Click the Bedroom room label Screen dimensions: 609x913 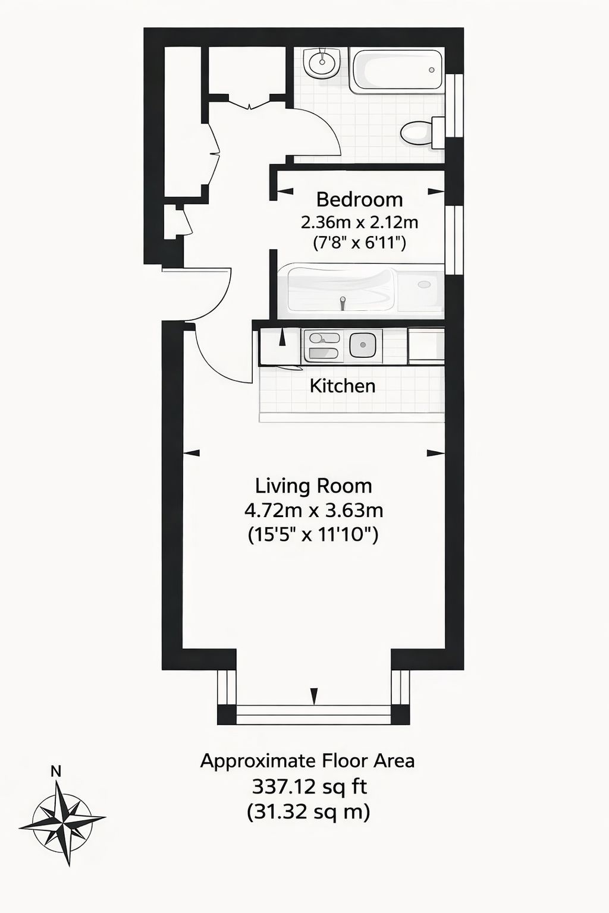click(359, 200)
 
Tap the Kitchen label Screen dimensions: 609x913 click(343, 386)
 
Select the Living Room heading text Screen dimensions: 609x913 click(313, 486)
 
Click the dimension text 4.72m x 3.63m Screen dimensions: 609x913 click(313, 510)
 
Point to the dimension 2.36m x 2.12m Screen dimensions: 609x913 click(359, 222)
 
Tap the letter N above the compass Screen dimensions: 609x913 click(56, 772)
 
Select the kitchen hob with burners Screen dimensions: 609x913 click(324, 345)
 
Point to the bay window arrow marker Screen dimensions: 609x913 click(313, 696)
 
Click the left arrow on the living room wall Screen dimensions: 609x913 click(192, 452)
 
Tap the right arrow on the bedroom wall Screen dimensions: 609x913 click(436, 191)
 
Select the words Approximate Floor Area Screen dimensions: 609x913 click(307, 761)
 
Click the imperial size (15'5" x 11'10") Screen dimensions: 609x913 click(313, 534)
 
